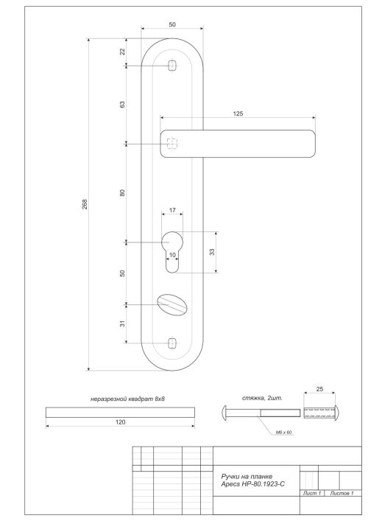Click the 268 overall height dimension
click(85, 204)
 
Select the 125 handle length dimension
click(237, 114)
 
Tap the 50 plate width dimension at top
click(172, 25)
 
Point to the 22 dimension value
click(122, 52)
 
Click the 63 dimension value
click(122, 105)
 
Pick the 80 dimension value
click(122, 193)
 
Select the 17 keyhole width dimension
click(172, 211)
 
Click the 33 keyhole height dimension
click(212, 252)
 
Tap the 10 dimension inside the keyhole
click(173, 256)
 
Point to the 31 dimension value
click(122, 323)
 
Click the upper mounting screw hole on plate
click(172, 66)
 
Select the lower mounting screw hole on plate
click(172, 342)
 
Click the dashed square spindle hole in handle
click(172, 144)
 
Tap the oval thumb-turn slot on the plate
click(171, 304)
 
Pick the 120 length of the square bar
click(120, 422)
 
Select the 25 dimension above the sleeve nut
click(319, 388)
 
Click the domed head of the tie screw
click(225, 411)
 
